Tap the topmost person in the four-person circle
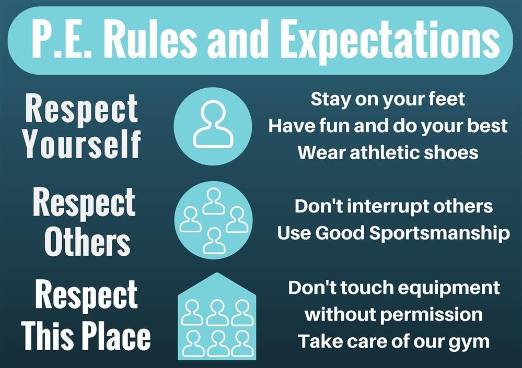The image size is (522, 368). pos(213,201)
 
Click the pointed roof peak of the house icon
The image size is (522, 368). pos(217,276)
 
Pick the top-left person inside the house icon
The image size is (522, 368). pos(192,312)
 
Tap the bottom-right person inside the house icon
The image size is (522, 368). pos(242,343)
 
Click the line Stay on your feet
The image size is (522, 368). pos(387,99)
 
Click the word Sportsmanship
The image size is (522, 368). pos(439,233)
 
